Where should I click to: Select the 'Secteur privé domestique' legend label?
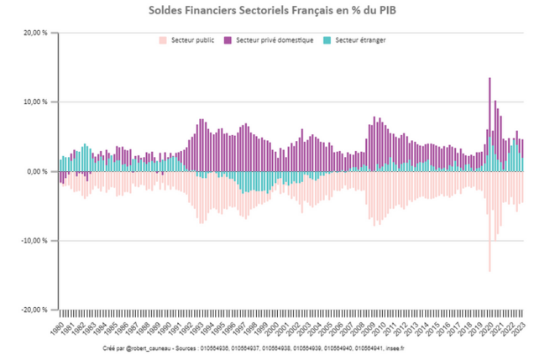point(275,39)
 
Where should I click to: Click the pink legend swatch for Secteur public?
point(162,39)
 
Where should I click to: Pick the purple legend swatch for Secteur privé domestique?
point(228,39)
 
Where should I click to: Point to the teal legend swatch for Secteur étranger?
point(327,39)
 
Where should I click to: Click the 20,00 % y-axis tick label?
point(35,33)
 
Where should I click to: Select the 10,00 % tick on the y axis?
point(35,102)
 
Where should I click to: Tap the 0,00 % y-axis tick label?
point(38,171)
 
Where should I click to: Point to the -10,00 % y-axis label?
point(34,240)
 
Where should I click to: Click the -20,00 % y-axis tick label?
point(34,309)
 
